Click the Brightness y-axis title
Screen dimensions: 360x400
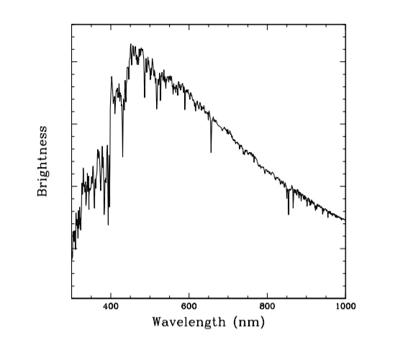click(x=43, y=161)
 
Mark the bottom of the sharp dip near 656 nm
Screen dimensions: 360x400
click(x=211, y=152)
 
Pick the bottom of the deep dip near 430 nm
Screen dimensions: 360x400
click(x=122, y=156)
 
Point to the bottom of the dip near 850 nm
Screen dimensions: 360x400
click(x=288, y=214)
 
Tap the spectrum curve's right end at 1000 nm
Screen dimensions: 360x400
click(x=345, y=220)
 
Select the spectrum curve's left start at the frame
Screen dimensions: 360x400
click(x=72, y=259)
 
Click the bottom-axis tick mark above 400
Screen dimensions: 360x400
click(x=111, y=294)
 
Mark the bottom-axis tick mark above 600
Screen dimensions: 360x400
click(x=189, y=294)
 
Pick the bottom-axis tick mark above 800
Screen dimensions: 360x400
click(x=268, y=294)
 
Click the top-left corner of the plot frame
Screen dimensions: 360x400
click(x=72, y=24)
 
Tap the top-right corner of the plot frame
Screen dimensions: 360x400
click(x=345, y=24)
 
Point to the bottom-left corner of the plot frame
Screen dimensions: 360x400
click(x=72, y=297)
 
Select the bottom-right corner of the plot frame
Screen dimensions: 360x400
click(x=345, y=297)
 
